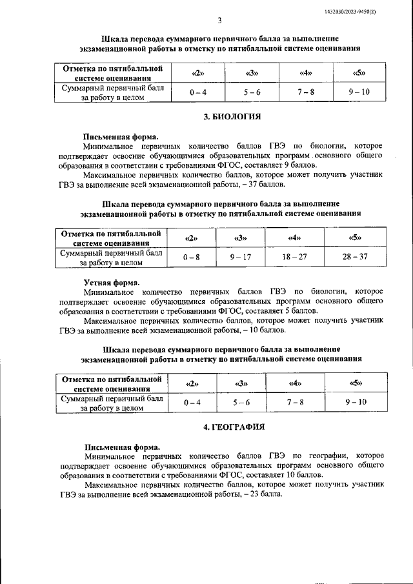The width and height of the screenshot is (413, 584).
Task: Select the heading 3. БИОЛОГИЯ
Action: (232, 117)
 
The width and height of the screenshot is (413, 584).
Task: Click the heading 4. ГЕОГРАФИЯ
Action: (232, 427)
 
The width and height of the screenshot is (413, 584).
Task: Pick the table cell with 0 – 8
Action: (192, 257)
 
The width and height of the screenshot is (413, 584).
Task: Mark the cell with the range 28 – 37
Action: (355, 257)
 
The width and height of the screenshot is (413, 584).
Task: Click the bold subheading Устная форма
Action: (111, 282)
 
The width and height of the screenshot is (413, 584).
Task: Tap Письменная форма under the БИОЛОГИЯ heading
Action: (121, 137)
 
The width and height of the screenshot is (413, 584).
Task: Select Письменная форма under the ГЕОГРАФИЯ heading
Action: (121, 447)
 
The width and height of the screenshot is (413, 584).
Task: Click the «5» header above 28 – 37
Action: (355, 238)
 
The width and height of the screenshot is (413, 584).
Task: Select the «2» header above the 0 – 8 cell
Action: (192, 238)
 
